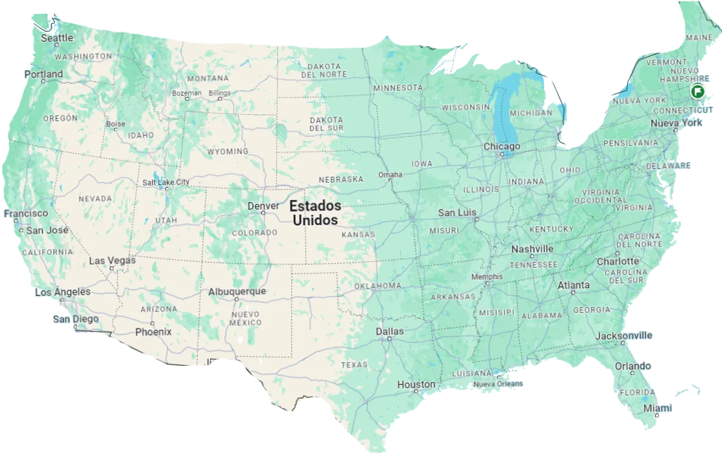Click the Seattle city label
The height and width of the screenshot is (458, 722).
pyautogui.click(x=57, y=38)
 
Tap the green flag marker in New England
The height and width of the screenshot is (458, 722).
pyautogui.click(x=697, y=90)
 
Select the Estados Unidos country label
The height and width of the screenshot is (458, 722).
pyautogui.click(x=315, y=213)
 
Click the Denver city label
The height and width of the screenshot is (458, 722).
pyautogui.click(x=264, y=206)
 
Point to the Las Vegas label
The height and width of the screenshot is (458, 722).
pyautogui.click(x=112, y=261)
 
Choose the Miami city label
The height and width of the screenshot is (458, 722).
pyautogui.click(x=658, y=408)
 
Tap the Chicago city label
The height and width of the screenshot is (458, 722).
pyautogui.click(x=502, y=147)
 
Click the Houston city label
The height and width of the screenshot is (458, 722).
pyautogui.click(x=416, y=384)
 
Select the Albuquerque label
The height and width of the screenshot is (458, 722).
pyautogui.click(x=237, y=292)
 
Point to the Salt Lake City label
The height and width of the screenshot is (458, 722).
pyautogui.click(x=166, y=183)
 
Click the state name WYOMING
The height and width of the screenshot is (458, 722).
pyautogui.click(x=228, y=152)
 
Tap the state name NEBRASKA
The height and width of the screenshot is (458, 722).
pyautogui.click(x=342, y=179)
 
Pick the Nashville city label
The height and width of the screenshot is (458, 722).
pyautogui.click(x=532, y=249)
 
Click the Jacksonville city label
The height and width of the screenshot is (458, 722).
pyautogui.click(x=623, y=335)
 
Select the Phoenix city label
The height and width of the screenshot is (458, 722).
pyautogui.click(x=153, y=332)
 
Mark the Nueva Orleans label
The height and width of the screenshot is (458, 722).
pyautogui.click(x=498, y=384)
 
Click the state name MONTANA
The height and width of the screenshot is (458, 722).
pyautogui.click(x=208, y=78)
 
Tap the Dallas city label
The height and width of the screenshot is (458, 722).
pyautogui.click(x=390, y=332)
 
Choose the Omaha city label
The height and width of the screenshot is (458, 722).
pyautogui.click(x=390, y=175)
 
